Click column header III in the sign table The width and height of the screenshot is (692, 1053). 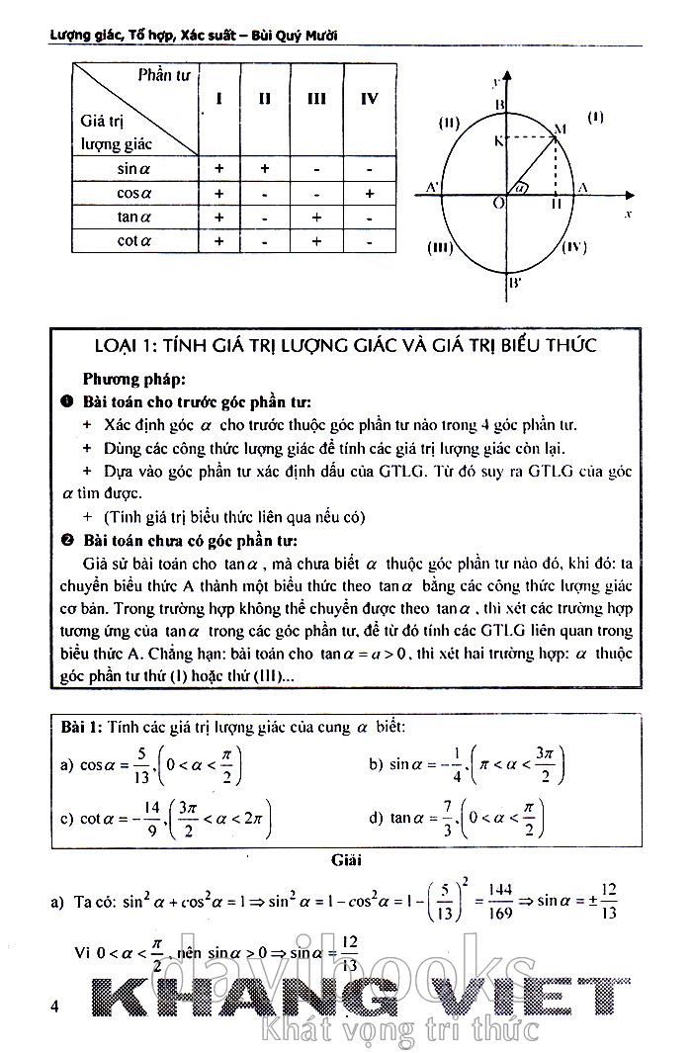[317, 99]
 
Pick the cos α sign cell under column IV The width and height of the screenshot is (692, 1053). [369, 194]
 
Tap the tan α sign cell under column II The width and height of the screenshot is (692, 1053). [264, 218]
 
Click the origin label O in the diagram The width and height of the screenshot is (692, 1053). [499, 203]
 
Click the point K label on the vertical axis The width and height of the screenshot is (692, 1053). [498, 140]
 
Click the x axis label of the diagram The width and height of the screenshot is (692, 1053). [629, 213]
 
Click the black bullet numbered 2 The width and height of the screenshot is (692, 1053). [66, 541]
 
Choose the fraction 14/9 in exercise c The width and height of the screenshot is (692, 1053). [150, 818]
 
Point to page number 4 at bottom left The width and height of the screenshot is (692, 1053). [55, 1007]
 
